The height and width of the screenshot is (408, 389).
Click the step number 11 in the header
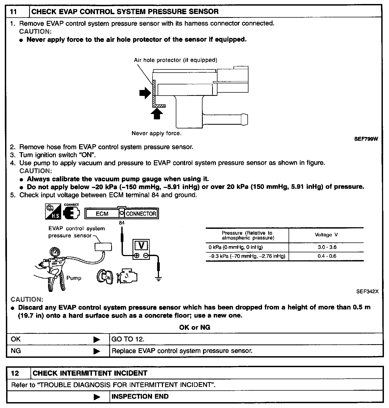pos(14,12)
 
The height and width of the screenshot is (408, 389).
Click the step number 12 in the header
pos(15,373)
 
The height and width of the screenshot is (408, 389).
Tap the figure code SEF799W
pos(366,139)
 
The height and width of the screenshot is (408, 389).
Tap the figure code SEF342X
pos(367,292)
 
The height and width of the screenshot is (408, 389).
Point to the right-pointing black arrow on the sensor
pos(145,93)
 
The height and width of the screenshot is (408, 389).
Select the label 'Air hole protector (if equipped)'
pos(176,60)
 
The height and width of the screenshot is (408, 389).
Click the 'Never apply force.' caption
pos(157,134)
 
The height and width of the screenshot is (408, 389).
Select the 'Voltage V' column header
pos(326,235)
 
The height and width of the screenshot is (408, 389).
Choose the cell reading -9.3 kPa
pos(247,256)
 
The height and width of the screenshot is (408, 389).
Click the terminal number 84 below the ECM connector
pos(122,223)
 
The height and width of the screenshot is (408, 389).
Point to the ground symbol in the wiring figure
pos(159,279)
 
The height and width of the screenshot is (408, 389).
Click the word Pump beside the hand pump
pos(74,278)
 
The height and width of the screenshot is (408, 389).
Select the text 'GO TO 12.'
pos(128,339)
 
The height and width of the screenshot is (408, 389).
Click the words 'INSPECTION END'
pos(140,397)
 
